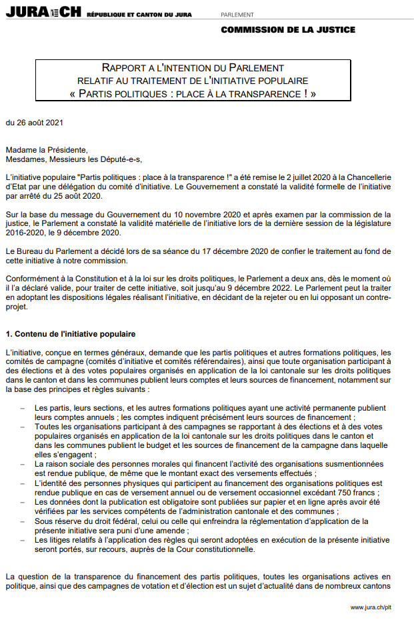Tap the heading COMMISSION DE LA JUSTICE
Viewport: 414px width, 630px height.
tap(287, 29)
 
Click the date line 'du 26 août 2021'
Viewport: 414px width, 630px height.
tap(35, 123)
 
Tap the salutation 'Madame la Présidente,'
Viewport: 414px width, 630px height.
tap(46, 150)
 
